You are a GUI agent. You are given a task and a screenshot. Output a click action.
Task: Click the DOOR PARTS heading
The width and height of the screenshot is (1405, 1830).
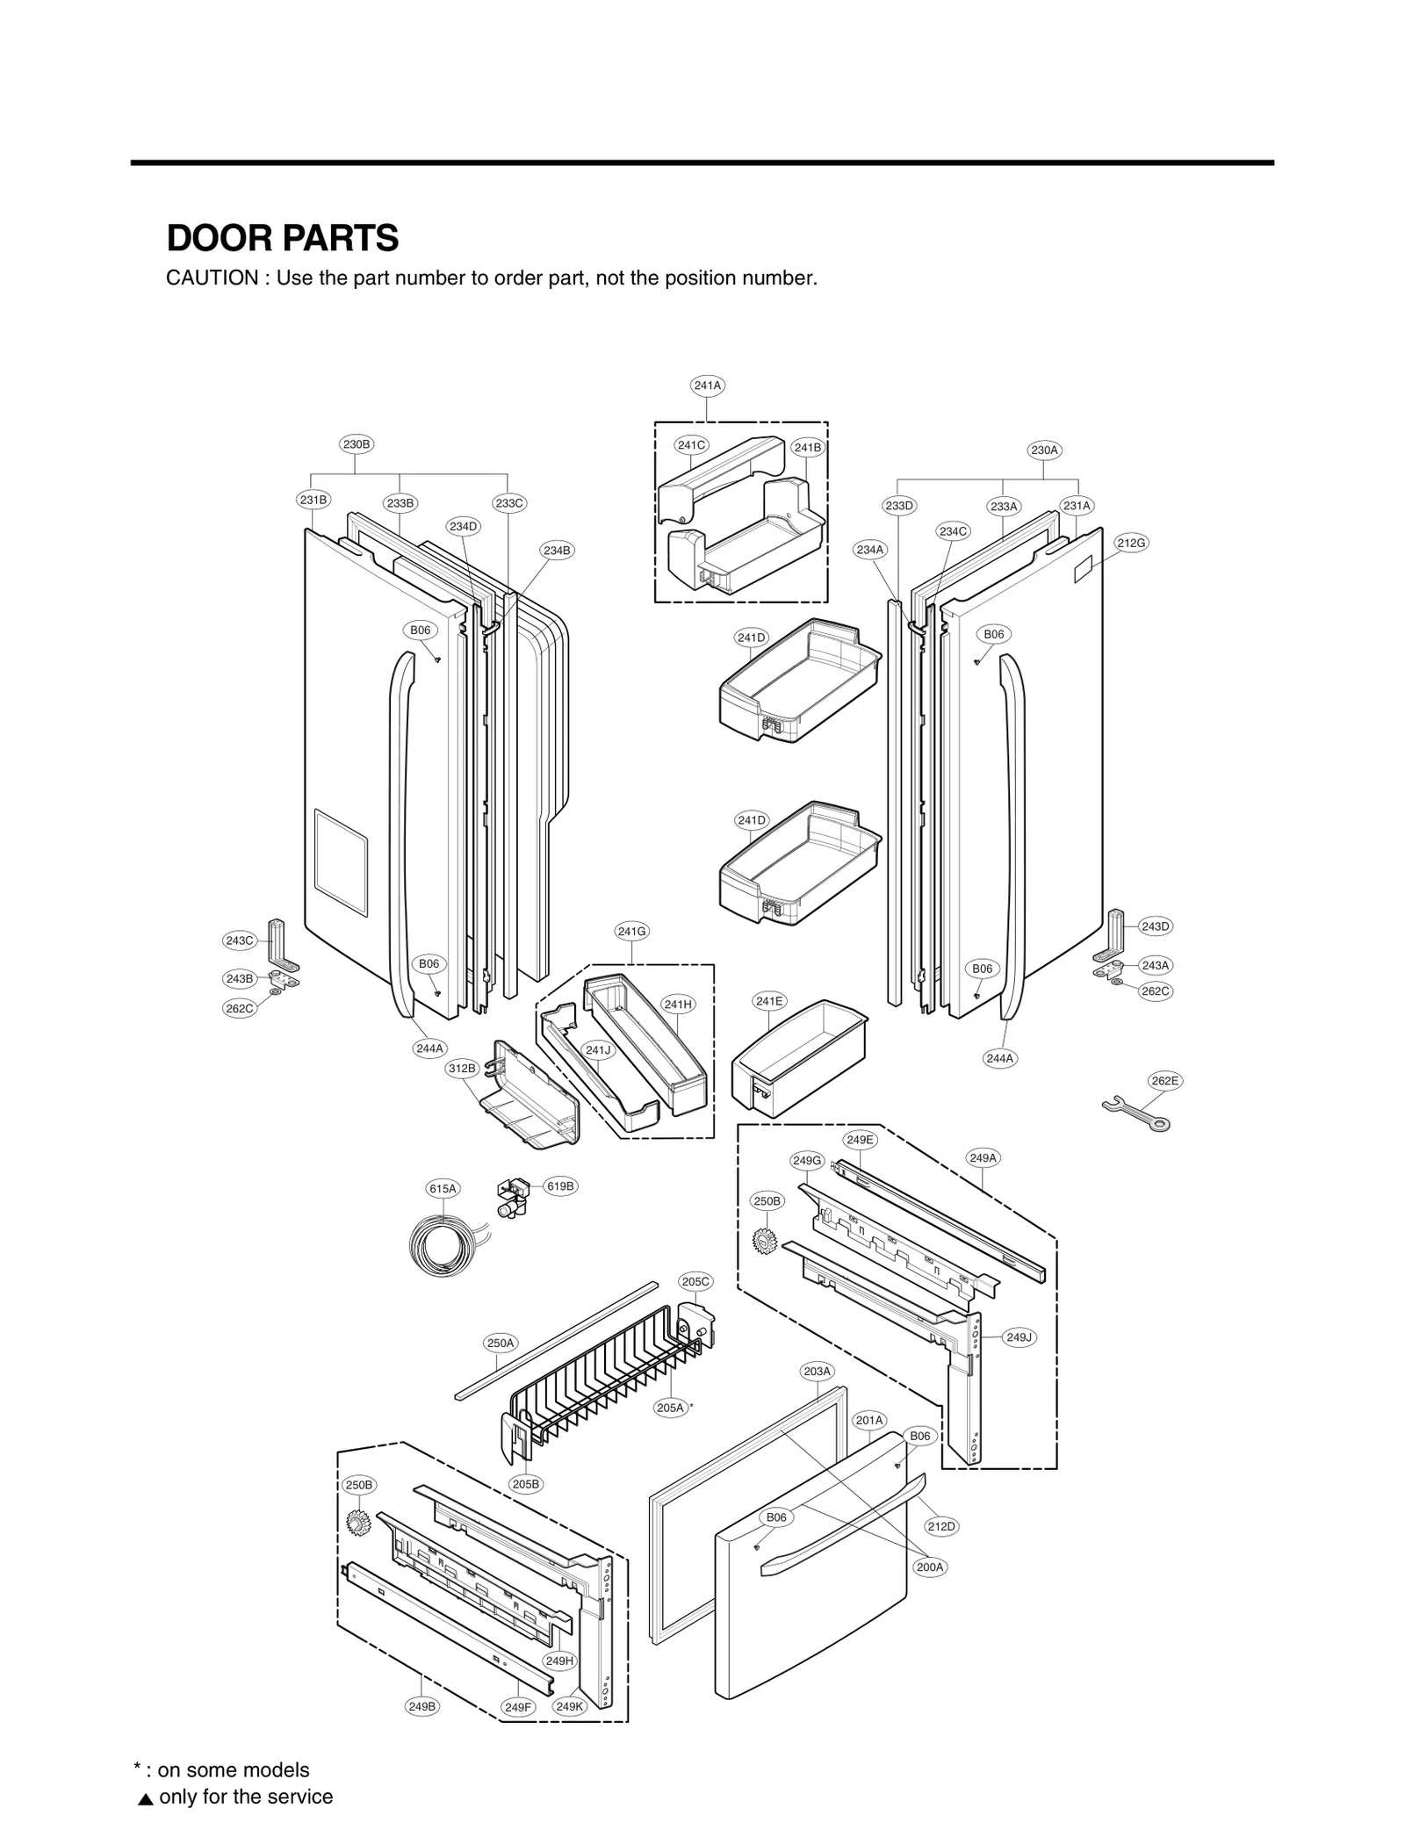(x=282, y=238)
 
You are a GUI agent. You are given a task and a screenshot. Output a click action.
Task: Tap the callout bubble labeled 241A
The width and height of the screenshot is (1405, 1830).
(x=707, y=385)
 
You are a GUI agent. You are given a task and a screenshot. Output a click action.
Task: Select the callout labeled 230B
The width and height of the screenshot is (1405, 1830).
(x=357, y=444)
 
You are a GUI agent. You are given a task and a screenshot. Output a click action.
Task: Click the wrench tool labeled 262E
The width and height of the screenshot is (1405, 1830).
(x=1136, y=1113)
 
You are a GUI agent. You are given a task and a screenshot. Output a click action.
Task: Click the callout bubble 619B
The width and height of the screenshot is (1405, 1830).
(x=560, y=1185)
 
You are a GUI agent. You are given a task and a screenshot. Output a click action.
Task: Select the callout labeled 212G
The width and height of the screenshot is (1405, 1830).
(x=1131, y=543)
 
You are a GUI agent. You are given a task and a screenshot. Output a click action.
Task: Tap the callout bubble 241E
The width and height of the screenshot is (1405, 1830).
(x=769, y=1001)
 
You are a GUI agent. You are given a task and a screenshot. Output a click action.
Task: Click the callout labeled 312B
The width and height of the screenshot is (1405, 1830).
(x=462, y=1069)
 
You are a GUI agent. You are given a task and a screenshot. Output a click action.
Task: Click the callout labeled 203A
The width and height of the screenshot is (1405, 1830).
(x=817, y=1370)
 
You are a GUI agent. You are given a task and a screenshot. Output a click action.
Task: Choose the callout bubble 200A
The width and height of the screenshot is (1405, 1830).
(x=930, y=1567)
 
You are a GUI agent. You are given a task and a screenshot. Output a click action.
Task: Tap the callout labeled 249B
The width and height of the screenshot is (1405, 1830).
(x=421, y=1706)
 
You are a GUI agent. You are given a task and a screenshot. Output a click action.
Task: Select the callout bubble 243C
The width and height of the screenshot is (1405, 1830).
(x=239, y=940)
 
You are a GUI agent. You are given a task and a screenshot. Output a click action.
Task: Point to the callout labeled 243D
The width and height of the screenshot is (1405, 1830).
(x=1156, y=926)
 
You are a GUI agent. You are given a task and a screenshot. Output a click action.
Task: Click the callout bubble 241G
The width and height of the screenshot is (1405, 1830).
(x=631, y=931)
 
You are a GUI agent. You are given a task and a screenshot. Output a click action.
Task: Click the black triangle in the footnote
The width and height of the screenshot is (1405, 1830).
(x=146, y=1798)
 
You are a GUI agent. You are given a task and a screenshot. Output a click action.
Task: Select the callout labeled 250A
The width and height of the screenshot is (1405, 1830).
(x=501, y=1343)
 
